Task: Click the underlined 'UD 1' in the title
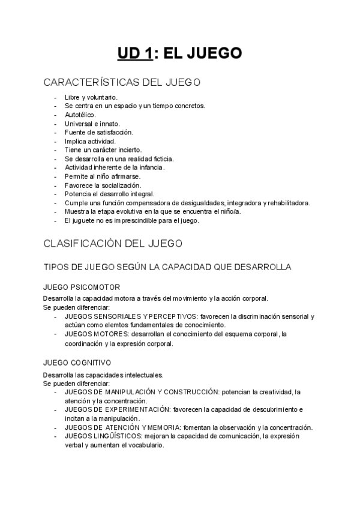point(135,54)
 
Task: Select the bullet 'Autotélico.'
point(80,114)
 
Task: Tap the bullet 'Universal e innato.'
point(92,123)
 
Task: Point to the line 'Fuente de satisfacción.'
point(98,132)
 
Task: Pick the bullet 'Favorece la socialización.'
point(102,185)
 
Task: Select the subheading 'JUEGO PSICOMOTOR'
point(81,287)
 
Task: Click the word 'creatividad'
point(269,391)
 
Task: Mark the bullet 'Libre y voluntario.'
point(91,97)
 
